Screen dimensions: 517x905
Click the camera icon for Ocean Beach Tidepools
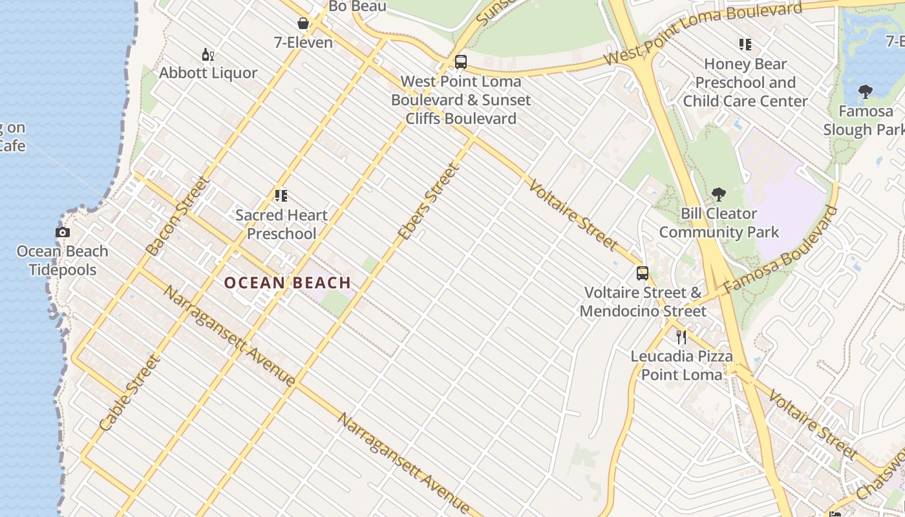(63, 233)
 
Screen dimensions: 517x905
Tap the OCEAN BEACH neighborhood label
(288, 282)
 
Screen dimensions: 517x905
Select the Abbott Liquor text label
(208, 73)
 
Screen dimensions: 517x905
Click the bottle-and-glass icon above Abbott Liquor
(208, 55)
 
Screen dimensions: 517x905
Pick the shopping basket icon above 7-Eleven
(303, 25)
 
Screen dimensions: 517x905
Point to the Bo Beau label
(357, 6)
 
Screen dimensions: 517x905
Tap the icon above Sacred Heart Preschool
(281, 196)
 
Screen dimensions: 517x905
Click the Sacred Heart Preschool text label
(282, 224)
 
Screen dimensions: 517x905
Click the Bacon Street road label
(178, 216)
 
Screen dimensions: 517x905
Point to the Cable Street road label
(130, 393)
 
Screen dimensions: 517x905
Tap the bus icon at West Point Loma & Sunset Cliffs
(461, 62)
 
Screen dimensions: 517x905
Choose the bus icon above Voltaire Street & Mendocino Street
(642, 273)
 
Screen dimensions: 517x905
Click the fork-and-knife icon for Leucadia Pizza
(681, 337)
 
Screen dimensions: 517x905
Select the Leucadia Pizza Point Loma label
(681, 365)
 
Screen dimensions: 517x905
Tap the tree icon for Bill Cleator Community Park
(718, 195)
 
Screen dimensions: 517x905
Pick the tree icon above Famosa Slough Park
(866, 92)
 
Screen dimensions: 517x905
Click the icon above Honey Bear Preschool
(745, 45)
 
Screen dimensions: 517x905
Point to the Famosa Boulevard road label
(782, 249)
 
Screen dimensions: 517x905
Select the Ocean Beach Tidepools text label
(63, 260)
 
